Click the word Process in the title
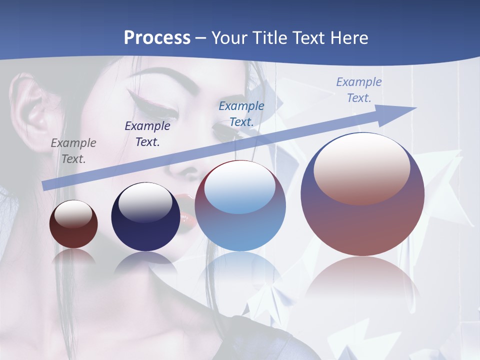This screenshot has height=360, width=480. coord(157,38)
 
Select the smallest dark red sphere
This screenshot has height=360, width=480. coord(73,224)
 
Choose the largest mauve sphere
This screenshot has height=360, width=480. coord(362,195)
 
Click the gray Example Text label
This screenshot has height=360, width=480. coord(73,151)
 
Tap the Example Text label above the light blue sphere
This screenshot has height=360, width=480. coord(241,113)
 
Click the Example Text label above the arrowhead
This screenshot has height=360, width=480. coord(359,89)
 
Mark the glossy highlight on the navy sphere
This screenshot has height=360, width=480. coord(145,203)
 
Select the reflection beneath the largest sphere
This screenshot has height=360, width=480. coord(362,280)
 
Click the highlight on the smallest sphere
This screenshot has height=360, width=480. coord(73,214)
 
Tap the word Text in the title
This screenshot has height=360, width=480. coord(307,38)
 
